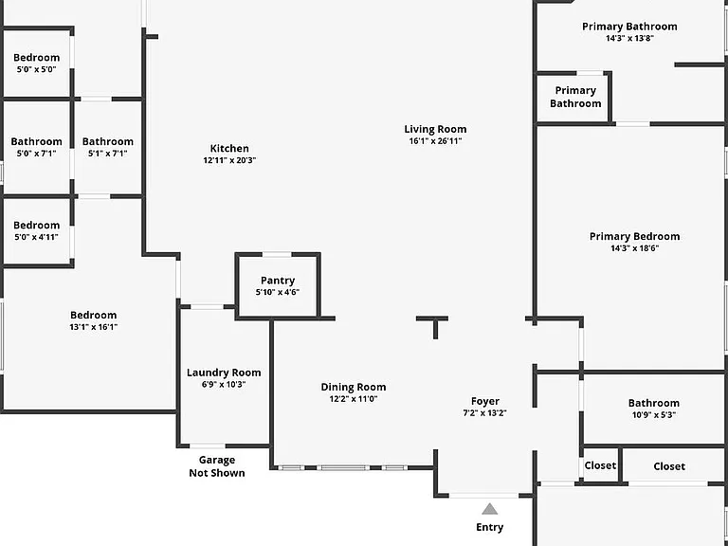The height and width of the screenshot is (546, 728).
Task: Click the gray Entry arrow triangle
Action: coord(489,509)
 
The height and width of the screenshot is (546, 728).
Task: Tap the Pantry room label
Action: coord(278,281)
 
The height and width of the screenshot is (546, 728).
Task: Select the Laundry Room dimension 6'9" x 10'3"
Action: coord(224,385)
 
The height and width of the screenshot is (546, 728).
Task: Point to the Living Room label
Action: coord(435,129)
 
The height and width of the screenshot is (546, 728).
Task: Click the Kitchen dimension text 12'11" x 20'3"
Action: coord(229,160)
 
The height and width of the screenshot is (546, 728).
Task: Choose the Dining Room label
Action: coord(354,387)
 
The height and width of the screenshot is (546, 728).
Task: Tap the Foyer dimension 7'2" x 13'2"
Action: coord(484,412)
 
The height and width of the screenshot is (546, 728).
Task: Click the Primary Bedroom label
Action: coord(635,236)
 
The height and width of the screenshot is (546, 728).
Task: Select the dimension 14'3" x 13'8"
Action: coord(629,39)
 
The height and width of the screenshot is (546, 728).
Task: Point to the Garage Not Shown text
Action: coord(217,466)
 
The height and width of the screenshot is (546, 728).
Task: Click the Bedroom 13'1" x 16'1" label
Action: coord(93,316)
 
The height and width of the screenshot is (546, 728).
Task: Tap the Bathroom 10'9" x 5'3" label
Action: coord(654,403)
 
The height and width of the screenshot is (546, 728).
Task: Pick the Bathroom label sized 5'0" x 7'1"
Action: coord(36,141)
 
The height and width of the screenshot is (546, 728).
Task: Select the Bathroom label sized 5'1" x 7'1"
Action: coord(108,141)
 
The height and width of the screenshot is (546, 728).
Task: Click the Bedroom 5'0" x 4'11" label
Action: coord(36,226)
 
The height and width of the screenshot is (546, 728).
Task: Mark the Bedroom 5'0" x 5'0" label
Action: coord(36,58)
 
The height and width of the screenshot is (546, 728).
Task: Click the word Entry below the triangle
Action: coord(489,527)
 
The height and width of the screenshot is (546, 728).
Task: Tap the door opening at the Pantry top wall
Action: coord(277,254)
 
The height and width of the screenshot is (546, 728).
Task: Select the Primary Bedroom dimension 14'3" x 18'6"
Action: coord(635,248)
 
